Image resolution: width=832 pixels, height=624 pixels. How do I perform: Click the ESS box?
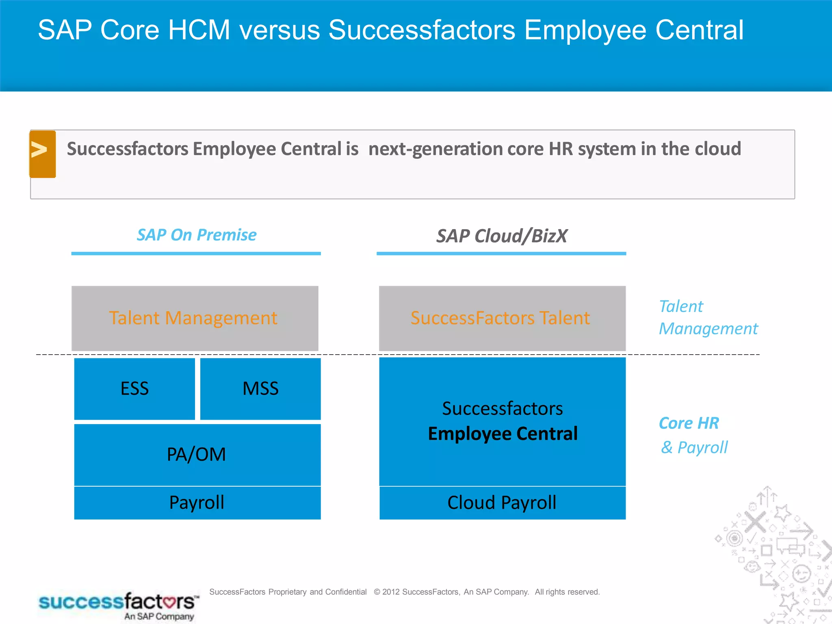pyautogui.click(x=134, y=389)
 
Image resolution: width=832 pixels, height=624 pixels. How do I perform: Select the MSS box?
pyautogui.click(x=260, y=389)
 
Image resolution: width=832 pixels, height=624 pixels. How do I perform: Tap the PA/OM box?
pyautogui.click(x=197, y=455)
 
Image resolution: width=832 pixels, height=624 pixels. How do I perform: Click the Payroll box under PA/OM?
pyautogui.click(x=197, y=503)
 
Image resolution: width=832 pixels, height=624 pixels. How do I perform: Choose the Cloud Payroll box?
pyautogui.click(x=502, y=503)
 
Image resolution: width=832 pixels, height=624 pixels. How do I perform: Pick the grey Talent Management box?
pyautogui.click(x=195, y=318)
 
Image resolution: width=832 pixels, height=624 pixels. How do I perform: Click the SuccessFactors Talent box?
pyautogui.click(x=502, y=318)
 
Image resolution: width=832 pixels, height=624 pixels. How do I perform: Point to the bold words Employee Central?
pyautogui.click(x=503, y=434)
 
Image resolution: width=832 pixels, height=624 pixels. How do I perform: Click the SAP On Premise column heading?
pyautogui.click(x=197, y=235)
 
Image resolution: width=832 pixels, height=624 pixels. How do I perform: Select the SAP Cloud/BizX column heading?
pyautogui.click(x=502, y=236)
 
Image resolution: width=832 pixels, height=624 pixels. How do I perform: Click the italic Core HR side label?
pyautogui.click(x=689, y=423)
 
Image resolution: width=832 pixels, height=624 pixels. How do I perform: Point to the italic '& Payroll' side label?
pyautogui.click(x=694, y=448)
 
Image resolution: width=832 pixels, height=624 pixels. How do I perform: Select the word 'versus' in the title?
pyautogui.click(x=279, y=30)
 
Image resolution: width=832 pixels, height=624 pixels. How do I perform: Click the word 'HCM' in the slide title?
pyautogui.click(x=199, y=30)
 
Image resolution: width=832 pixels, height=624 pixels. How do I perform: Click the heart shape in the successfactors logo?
pyautogui.click(x=167, y=601)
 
